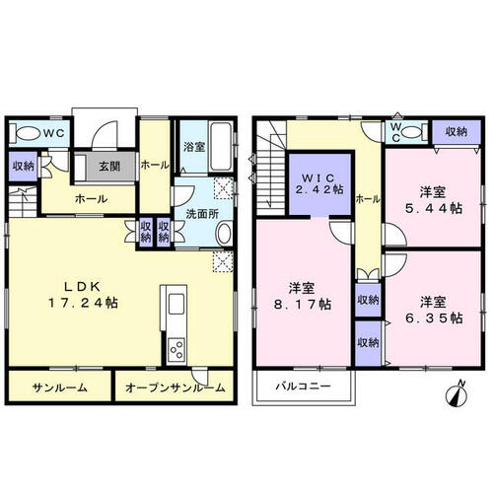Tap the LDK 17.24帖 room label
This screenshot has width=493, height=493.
tap(83, 295)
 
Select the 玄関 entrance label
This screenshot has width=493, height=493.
tap(109, 167)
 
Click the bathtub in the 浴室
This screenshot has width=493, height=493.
tap(220, 147)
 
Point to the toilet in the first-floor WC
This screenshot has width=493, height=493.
tap(25, 133)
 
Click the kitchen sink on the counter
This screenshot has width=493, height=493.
tap(176, 304)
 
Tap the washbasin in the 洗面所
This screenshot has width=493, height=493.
tap(225, 234)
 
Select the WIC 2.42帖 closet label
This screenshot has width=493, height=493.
tap(320, 183)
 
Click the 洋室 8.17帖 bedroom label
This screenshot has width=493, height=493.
tap(303, 296)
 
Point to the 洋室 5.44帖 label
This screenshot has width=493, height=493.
tap(433, 200)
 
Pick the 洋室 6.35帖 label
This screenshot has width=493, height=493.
tap(434, 310)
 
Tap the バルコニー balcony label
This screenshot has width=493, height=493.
tap(303, 386)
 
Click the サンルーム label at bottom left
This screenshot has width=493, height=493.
tap(60, 388)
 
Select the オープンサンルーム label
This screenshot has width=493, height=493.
tap(175, 388)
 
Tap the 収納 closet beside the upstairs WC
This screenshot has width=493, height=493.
tap(457, 132)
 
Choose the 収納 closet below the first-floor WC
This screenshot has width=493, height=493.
tap(23, 166)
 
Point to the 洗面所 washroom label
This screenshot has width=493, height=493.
tap(202, 214)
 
